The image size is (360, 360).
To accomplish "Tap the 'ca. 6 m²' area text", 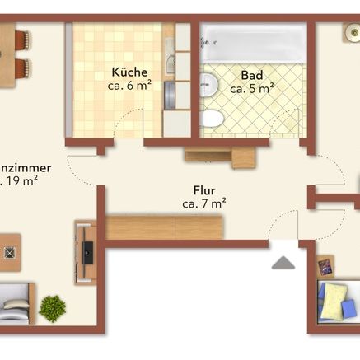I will tap(129, 85).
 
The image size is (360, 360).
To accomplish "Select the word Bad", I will tap(251, 75).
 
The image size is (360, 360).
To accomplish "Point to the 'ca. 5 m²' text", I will tap(252, 88).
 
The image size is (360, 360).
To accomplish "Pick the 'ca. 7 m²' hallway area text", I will tap(204, 201).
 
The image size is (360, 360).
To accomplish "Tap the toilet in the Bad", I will tap(211, 119).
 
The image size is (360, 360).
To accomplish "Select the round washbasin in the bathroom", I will tap(208, 83).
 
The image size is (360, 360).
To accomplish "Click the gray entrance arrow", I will tap(283, 263).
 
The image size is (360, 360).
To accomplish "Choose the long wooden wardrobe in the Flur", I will tap(165, 227).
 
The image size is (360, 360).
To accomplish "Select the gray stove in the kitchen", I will tap(170, 91).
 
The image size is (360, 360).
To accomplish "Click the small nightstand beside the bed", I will tap(326, 266).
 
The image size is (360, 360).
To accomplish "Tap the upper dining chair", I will tap(21, 39).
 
